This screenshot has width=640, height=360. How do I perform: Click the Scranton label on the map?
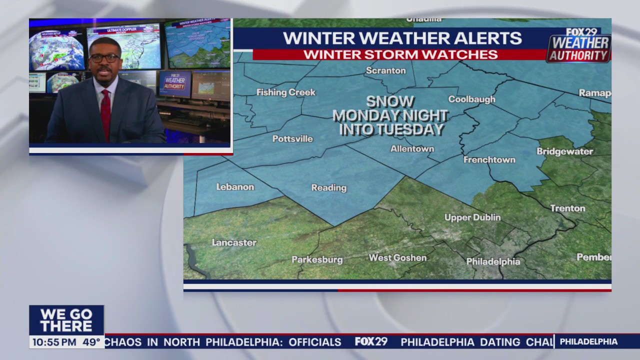click(385, 70)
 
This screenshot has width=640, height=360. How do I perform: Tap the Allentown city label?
click(412, 148)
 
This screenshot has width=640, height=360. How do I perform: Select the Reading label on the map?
click(328, 187)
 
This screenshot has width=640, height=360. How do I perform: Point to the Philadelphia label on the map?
click(493, 261)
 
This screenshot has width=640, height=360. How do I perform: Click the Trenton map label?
click(567, 208)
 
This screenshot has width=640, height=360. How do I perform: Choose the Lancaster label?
click(234, 242)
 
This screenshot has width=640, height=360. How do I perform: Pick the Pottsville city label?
click(292, 138)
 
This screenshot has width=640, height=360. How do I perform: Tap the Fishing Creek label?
click(286, 92)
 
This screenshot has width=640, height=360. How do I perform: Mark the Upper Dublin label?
click(472, 217)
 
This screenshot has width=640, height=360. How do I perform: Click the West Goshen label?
click(397, 258)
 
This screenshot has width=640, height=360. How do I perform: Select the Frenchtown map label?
click(489, 159)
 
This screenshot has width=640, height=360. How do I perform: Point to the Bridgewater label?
click(565, 151)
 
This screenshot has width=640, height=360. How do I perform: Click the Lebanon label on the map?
click(235, 186)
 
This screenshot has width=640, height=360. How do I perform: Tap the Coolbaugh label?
click(471, 99)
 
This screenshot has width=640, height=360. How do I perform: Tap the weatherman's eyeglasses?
click(105, 58)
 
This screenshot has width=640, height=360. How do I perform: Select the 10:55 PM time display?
click(54, 342)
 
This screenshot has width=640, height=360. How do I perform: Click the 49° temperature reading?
click(91, 342)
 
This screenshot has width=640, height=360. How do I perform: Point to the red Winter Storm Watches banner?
click(400, 54)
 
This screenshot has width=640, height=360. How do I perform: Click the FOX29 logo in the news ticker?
click(371, 342)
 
